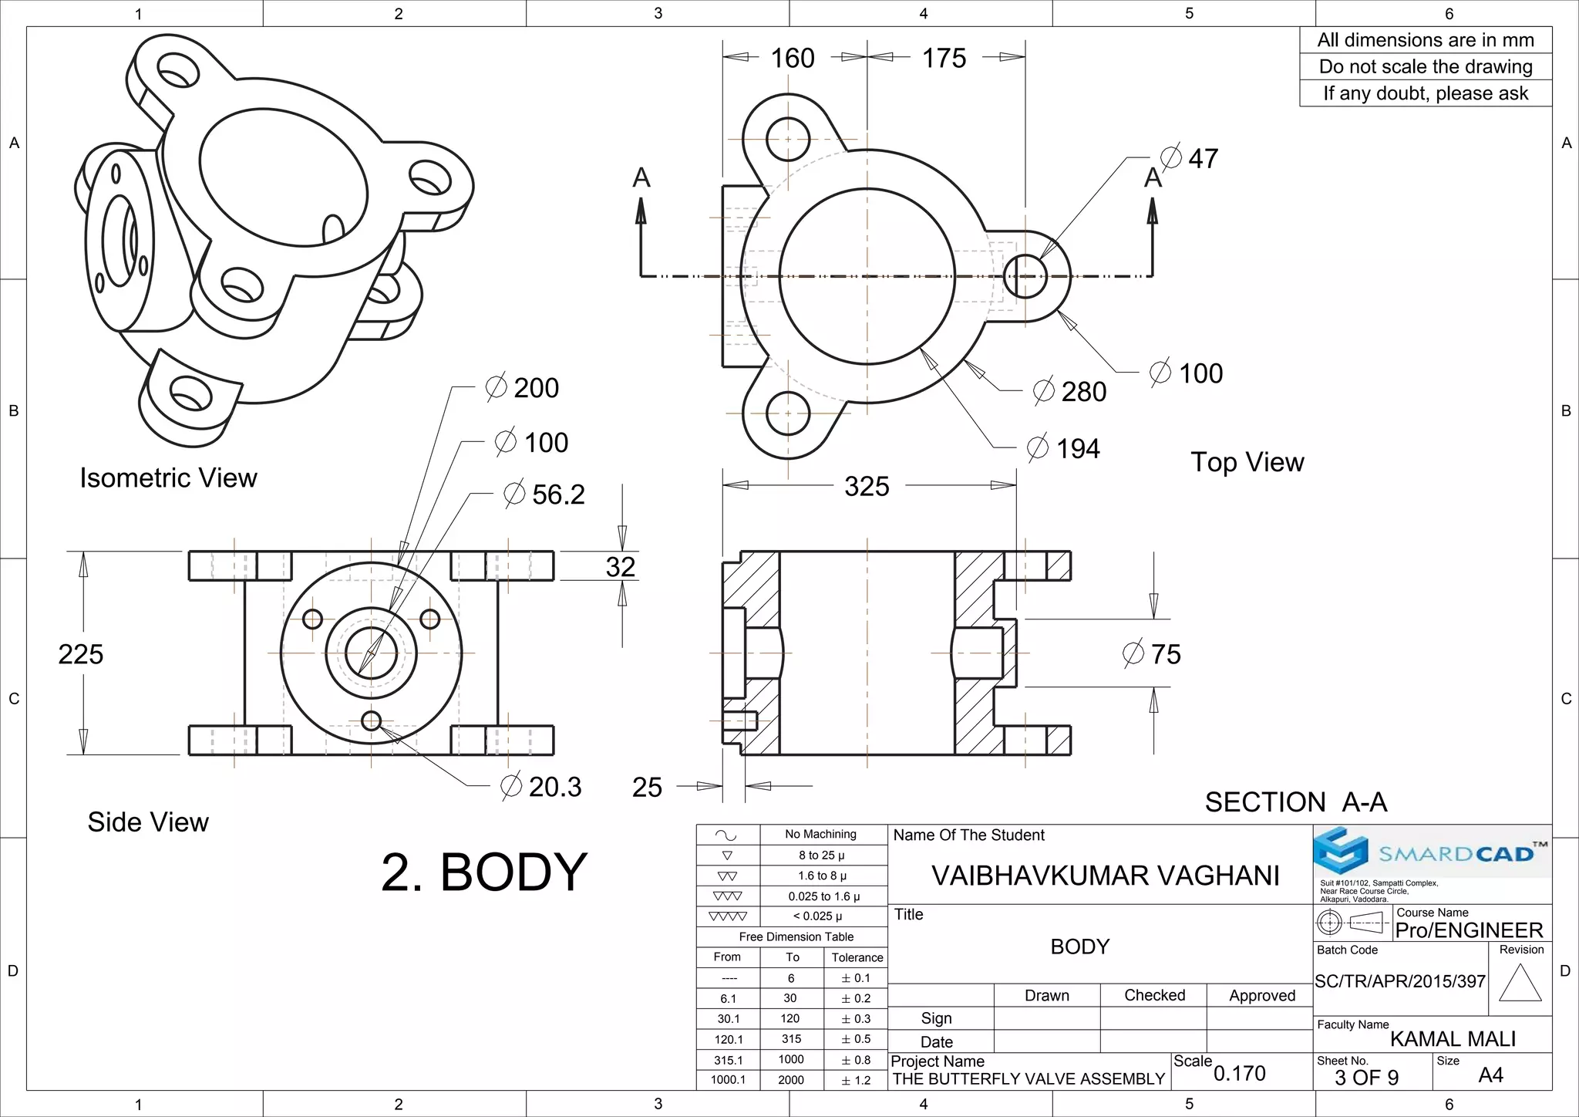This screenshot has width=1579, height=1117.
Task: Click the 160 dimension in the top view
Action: pyautogui.click(x=793, y=59)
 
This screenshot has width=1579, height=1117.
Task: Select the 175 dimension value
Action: pyautogui.click(x=944, y=59)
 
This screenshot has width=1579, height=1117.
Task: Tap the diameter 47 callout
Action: pyautogui.click(x=1191, y=158)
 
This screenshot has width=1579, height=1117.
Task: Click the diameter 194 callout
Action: pyautogui.click(x=1065, y=448)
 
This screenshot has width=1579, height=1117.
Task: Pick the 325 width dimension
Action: pyautogui.click(x=867, y=487)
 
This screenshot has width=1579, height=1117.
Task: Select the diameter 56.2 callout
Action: pyautogui.click(x=545, y=494)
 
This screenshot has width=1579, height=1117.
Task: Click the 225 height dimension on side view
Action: pyautogui.click(x=80, y=654)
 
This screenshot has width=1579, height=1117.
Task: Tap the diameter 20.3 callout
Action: pyautogui.click(x=541, y=787)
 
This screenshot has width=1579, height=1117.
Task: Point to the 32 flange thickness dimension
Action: pyautogui.click(x=621, y=567)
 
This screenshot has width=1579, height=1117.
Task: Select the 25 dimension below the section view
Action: pyautogui.click(x=647, y=788)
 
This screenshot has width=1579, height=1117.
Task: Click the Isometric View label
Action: pyautogui.click(x=168, y=478)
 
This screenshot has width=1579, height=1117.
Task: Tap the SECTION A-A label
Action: pyautogui.click(x=1296, y=802)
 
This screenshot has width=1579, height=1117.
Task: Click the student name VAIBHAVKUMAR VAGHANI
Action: pyautogui.click(x=1105, y=876)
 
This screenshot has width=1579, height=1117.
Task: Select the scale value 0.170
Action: pyautogui.click(x=1240, y=1073)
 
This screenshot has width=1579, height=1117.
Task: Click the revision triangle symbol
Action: pyautogui.click(x=1520, y=983)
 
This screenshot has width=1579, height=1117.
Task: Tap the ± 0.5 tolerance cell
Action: pyautogui.click(x=856, y=1039)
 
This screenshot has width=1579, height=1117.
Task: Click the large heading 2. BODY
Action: pyautogui.click(x=484, y=872)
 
